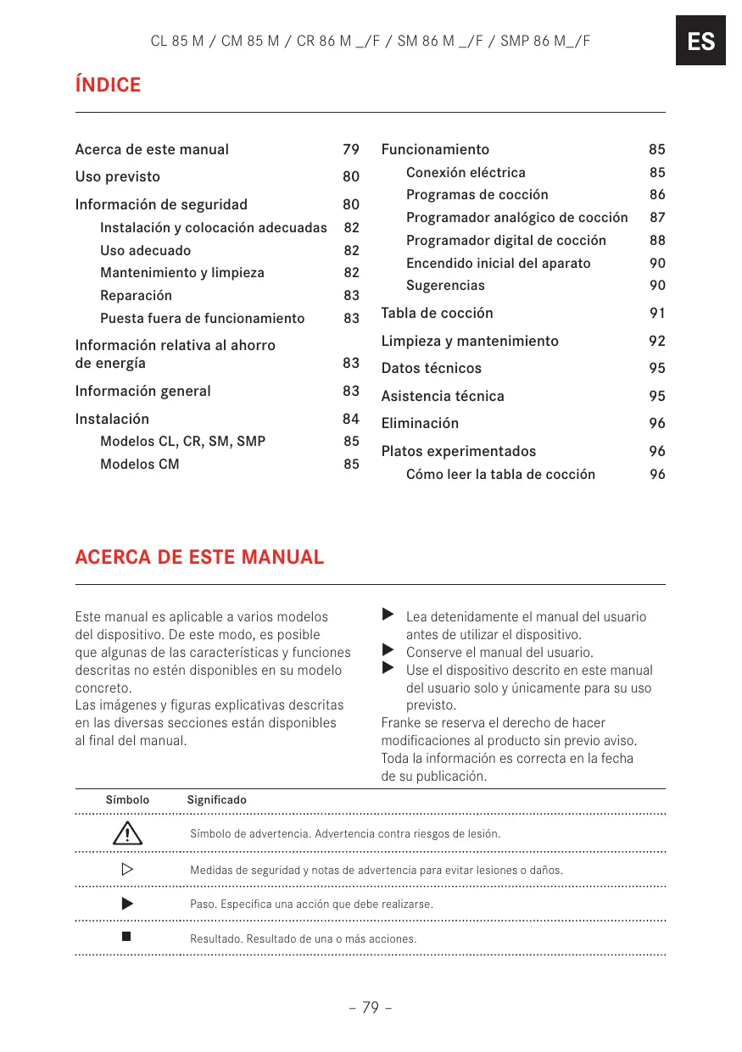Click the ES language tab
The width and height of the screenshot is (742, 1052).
pos(700,41)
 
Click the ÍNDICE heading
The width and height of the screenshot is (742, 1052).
pos(108,85)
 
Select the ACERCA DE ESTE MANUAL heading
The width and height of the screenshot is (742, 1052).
pos(199,557)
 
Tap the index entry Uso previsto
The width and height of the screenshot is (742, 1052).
pos(117,176)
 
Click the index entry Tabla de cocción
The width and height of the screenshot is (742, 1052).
pos(437,313)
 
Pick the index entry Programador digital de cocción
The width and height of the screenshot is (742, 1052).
pos(505,240)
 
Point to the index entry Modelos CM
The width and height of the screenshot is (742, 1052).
pos(139,464)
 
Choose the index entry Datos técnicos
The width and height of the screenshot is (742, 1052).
pos(431,368)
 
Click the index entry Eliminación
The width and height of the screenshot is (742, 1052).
pos(420,423)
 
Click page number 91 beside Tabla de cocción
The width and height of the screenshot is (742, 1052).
pos(657,313)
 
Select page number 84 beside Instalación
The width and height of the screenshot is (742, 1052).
pos(351,419)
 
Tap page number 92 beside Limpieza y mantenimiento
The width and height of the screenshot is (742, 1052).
pos(657,341)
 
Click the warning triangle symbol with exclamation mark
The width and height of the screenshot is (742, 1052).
pos(127,833)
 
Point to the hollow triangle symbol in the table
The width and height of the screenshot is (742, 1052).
pos(127,870)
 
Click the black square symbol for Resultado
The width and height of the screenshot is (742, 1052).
pos(127,937)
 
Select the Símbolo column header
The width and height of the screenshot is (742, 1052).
pos(127,799)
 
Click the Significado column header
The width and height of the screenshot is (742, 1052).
pos(216,799)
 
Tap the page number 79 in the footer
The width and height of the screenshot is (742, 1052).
pos(371,1007)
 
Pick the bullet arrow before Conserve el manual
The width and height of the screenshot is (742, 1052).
pos(388,650)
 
